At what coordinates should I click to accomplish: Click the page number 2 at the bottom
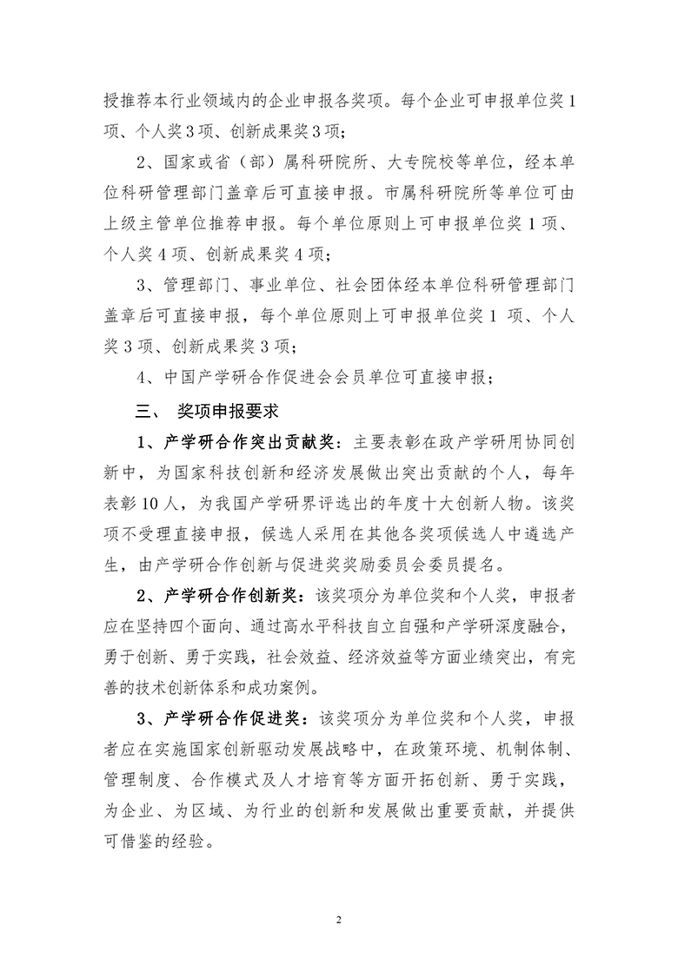(x=339, y=920)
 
